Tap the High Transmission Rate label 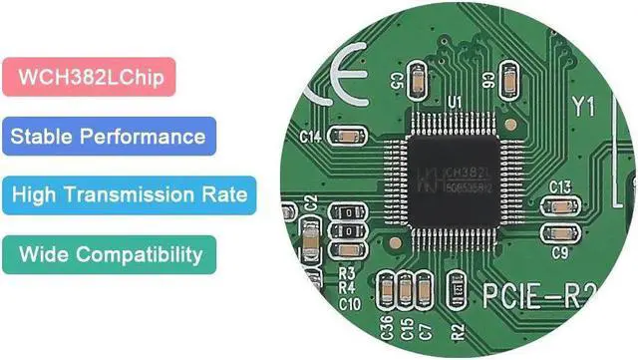(130, 194)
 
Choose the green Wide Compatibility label (110, 253)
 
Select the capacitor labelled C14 (350, 135)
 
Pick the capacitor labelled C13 (560, 207)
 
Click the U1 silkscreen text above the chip (455, 103)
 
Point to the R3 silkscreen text (348, 272)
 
